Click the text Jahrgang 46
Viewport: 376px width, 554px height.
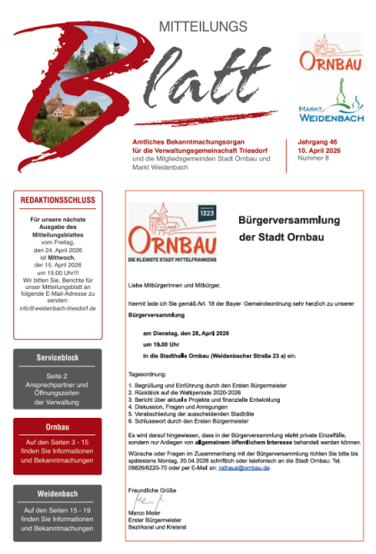321,142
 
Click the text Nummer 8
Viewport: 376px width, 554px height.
314,158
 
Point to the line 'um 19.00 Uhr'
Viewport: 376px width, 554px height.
161,343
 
